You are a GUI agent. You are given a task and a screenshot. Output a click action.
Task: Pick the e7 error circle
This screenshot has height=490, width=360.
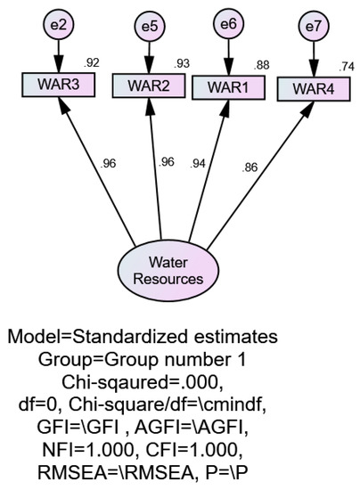(313, 28)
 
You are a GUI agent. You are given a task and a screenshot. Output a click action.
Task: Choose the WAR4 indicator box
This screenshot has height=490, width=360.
(311, 89)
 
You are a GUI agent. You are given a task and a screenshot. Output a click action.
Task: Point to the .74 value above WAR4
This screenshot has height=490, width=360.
(347, 66)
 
